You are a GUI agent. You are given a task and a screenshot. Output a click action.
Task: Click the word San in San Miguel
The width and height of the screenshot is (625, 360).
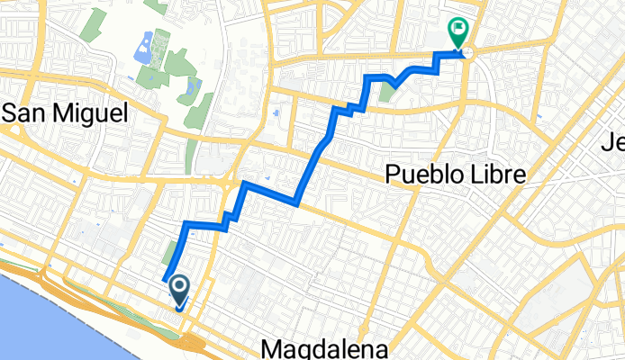pos(26,112)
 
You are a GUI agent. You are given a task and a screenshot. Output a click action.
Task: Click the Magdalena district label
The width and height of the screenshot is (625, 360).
pos(328,348)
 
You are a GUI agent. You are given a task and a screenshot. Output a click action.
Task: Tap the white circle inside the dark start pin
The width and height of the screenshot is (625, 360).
pos(178,287)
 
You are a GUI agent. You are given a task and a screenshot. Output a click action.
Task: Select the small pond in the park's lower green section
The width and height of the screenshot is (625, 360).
pos(192,87)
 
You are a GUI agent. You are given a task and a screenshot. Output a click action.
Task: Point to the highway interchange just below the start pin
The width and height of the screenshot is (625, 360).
pos(191,341)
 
